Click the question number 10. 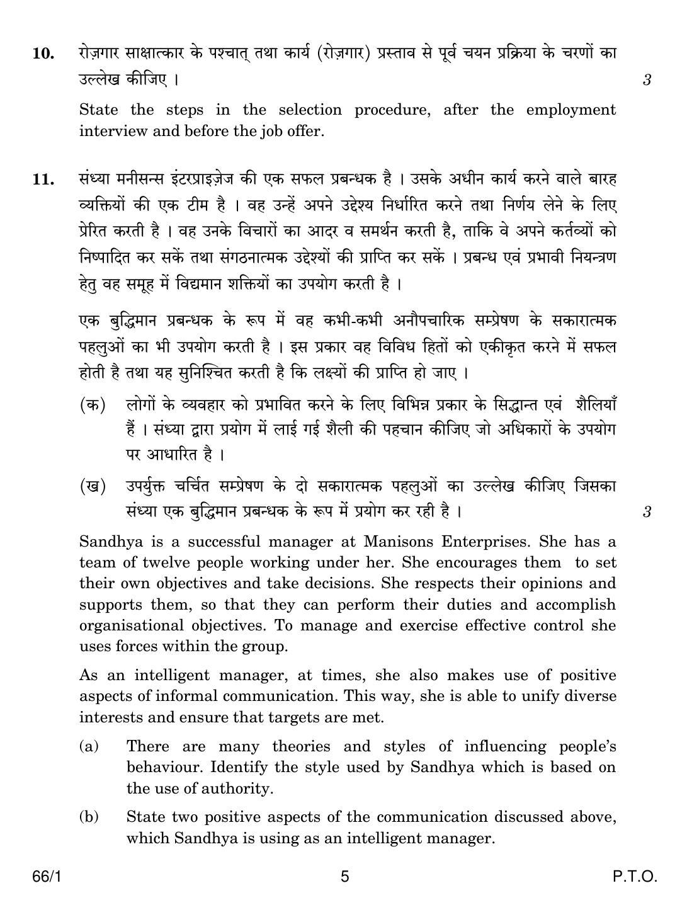[x=42, y=54]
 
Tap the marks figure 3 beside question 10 [x=647, y=80]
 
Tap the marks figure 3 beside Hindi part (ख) [x=647, y=512]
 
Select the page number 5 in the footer [x=344, y=877]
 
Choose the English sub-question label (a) [x=89, y=746]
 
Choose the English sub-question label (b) [x=89, y=817]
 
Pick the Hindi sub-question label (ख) [x=92, y=487]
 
